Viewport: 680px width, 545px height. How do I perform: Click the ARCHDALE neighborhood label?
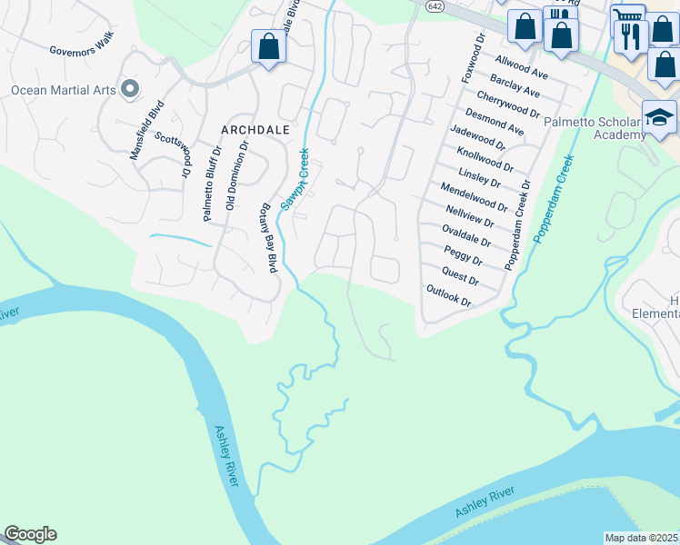[x=248, y=130]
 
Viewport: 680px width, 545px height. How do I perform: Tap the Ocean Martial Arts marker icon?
[x=130, y=89]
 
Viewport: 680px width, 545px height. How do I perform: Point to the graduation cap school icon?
[x=658, y=118]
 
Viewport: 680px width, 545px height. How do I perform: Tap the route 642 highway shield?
[x=436, y=7]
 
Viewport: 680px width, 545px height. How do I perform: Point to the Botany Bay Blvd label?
[x=270, y=239]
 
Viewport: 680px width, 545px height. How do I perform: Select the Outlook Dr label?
[x=449, y=295]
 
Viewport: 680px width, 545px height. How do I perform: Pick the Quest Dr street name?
[x=460, y=274]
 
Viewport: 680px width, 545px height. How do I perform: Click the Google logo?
[x=30, y=534]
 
